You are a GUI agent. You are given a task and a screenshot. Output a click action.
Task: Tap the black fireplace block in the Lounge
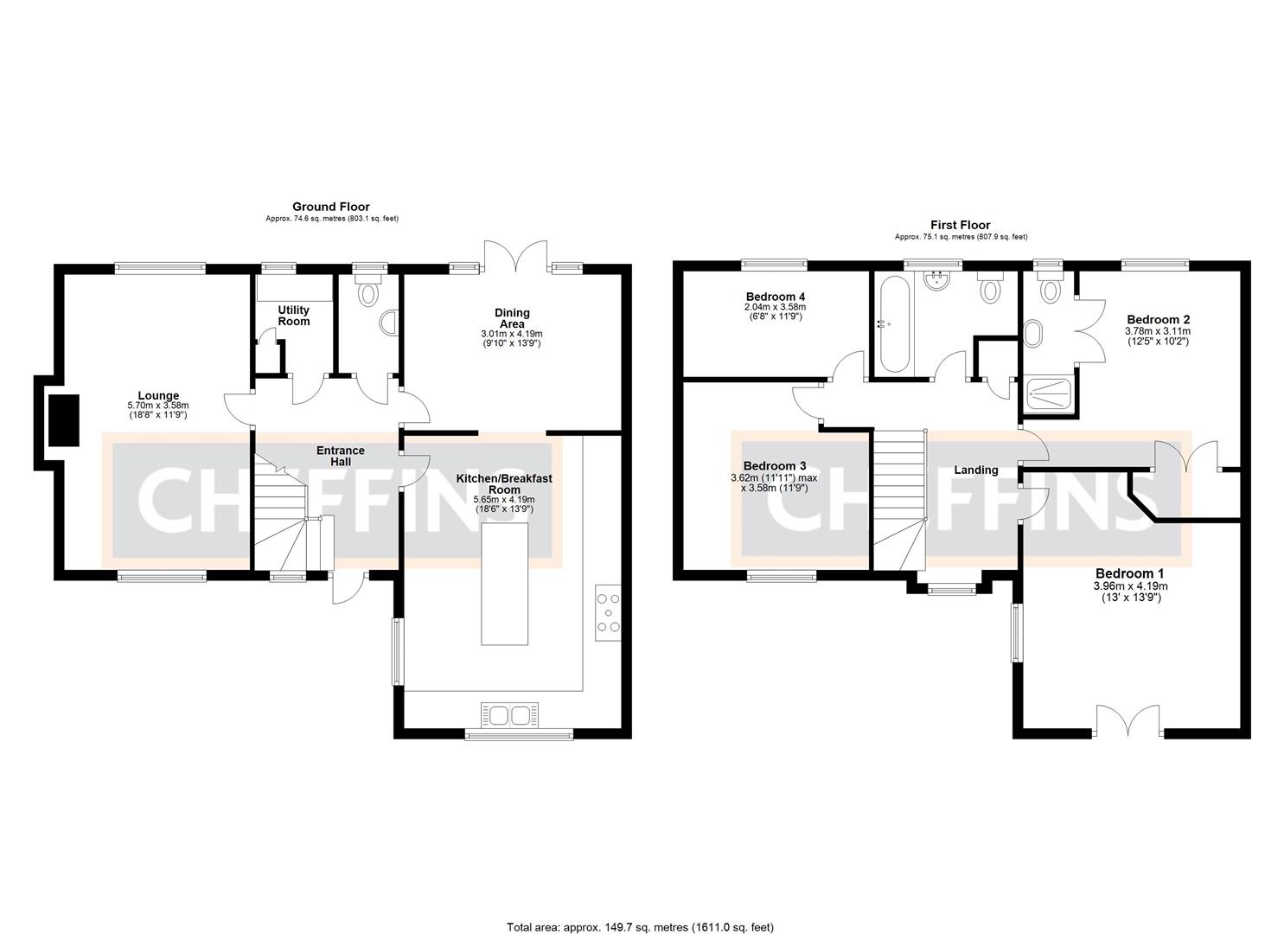coord(63,420)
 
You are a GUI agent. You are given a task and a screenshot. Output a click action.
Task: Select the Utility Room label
coord(293,315)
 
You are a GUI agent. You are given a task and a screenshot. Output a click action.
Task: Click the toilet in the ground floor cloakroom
coord(369,292)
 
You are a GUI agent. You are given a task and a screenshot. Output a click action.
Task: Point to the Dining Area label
coord(512,318)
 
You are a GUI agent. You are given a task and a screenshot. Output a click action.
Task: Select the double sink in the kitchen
coord(510,715)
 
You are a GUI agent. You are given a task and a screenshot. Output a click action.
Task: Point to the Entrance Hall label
coord(340,456)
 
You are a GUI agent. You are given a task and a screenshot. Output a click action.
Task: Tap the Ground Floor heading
coord(330,207)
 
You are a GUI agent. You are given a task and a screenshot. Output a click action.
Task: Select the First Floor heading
coord(960,225)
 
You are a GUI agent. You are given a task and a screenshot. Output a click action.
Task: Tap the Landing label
coord(975,470)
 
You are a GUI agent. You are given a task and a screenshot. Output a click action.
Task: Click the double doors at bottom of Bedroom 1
coord(1129,721)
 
